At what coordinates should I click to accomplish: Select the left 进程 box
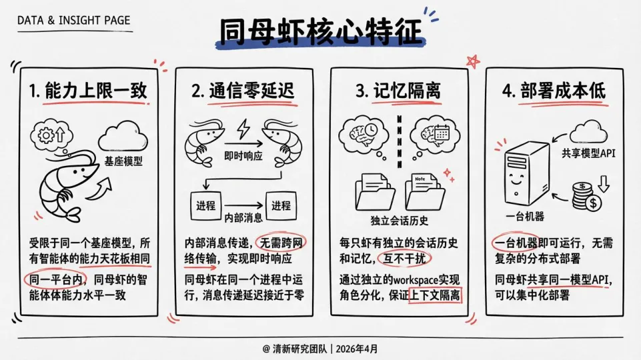coord(204,205)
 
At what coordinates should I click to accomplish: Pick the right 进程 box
coord(279,205)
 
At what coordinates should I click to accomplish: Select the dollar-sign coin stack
coord(586,195)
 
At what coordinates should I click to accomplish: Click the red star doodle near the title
coord(474,61)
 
